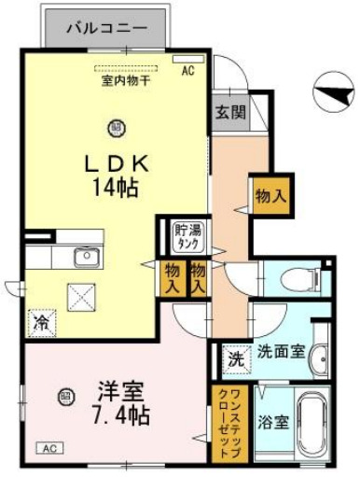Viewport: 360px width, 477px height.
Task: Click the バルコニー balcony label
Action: coord(105,28)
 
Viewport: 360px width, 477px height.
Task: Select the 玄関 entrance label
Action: coord(230,112)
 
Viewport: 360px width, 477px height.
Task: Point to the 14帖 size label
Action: coord(116,187)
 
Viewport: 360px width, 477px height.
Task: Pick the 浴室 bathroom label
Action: coord(273,422)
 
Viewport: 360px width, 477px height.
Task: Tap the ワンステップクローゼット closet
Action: coord(227,422)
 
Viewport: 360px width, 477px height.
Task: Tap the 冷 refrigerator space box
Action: coord(42,322)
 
